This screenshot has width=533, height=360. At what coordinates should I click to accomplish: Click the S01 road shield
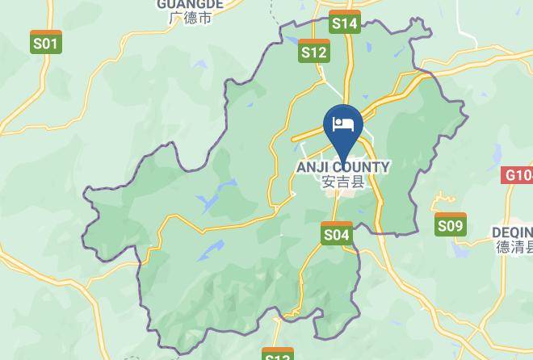pyautogui.click(x=46, y=42)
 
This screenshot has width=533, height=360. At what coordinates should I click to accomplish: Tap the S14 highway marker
pyautogui.click(x=345, y=23)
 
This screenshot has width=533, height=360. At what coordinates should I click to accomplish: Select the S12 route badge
pyautogui.click(x=314, y=52)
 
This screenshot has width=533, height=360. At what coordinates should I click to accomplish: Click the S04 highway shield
pyautogui.click(x=337, y=234)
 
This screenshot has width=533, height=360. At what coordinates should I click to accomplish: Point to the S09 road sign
pyautogui.click(x=451, y=225)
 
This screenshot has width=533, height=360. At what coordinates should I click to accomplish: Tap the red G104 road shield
pyautogui.click(x=518, y=175)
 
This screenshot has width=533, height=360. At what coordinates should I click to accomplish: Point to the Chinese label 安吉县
pyautogui.click(x=343, y=182)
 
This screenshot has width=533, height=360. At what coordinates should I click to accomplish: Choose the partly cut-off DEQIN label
pyautogui.click(x=512, y=233)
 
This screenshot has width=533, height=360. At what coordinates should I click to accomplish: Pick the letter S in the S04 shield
pyautogui.click(x=329, y=235)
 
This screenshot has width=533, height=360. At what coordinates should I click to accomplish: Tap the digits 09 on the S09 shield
pyautogui.click(x=455, y=227)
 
